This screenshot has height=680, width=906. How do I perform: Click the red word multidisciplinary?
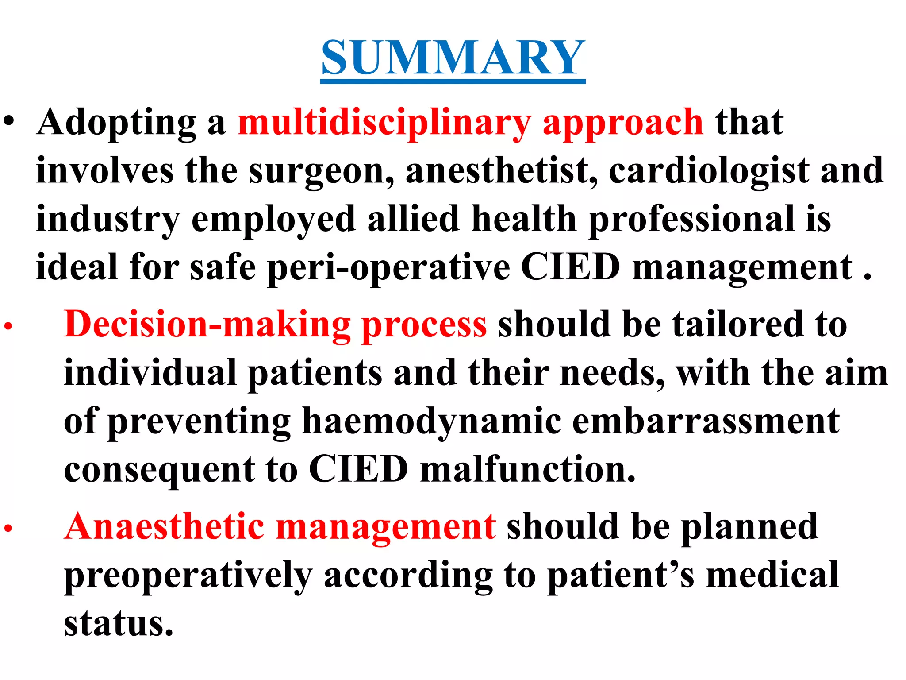[384, 123]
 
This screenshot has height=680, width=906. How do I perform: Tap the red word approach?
[623, 123]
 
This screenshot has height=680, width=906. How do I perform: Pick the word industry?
[108, 219]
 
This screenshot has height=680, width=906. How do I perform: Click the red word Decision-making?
[207, 325]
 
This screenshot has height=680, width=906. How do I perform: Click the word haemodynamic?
[431, 421]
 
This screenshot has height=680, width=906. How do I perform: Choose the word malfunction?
[527, 469]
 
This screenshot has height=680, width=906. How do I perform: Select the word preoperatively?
[188, 576]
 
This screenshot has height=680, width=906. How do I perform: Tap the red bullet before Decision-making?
[8, 327]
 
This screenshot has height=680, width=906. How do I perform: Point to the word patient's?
[621, 576]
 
